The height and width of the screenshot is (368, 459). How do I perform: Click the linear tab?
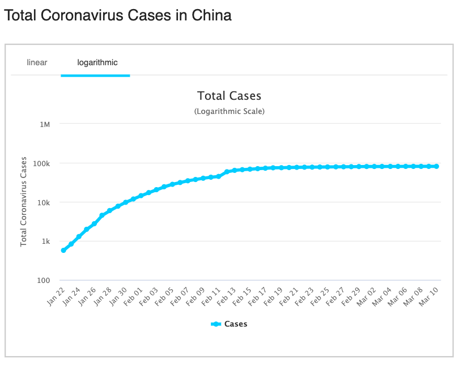[37, 62]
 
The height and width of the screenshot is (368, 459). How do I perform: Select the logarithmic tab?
[97, 62]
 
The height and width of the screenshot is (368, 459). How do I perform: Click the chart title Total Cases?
[229, 96]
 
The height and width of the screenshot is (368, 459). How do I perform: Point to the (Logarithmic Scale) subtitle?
[229, 111]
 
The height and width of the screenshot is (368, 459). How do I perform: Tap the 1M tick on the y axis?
[45, 124]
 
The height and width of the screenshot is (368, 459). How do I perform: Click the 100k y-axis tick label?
[41, 163]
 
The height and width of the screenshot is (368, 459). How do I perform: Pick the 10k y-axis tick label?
[43, 202]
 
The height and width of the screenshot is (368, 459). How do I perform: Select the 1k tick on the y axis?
[45, 242]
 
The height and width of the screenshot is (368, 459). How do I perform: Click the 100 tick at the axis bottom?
[43, 281]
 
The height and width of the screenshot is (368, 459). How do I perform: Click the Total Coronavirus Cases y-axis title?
[24, 201]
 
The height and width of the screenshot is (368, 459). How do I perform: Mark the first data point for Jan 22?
[63, 250]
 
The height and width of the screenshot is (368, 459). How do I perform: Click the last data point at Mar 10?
[436, 167]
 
